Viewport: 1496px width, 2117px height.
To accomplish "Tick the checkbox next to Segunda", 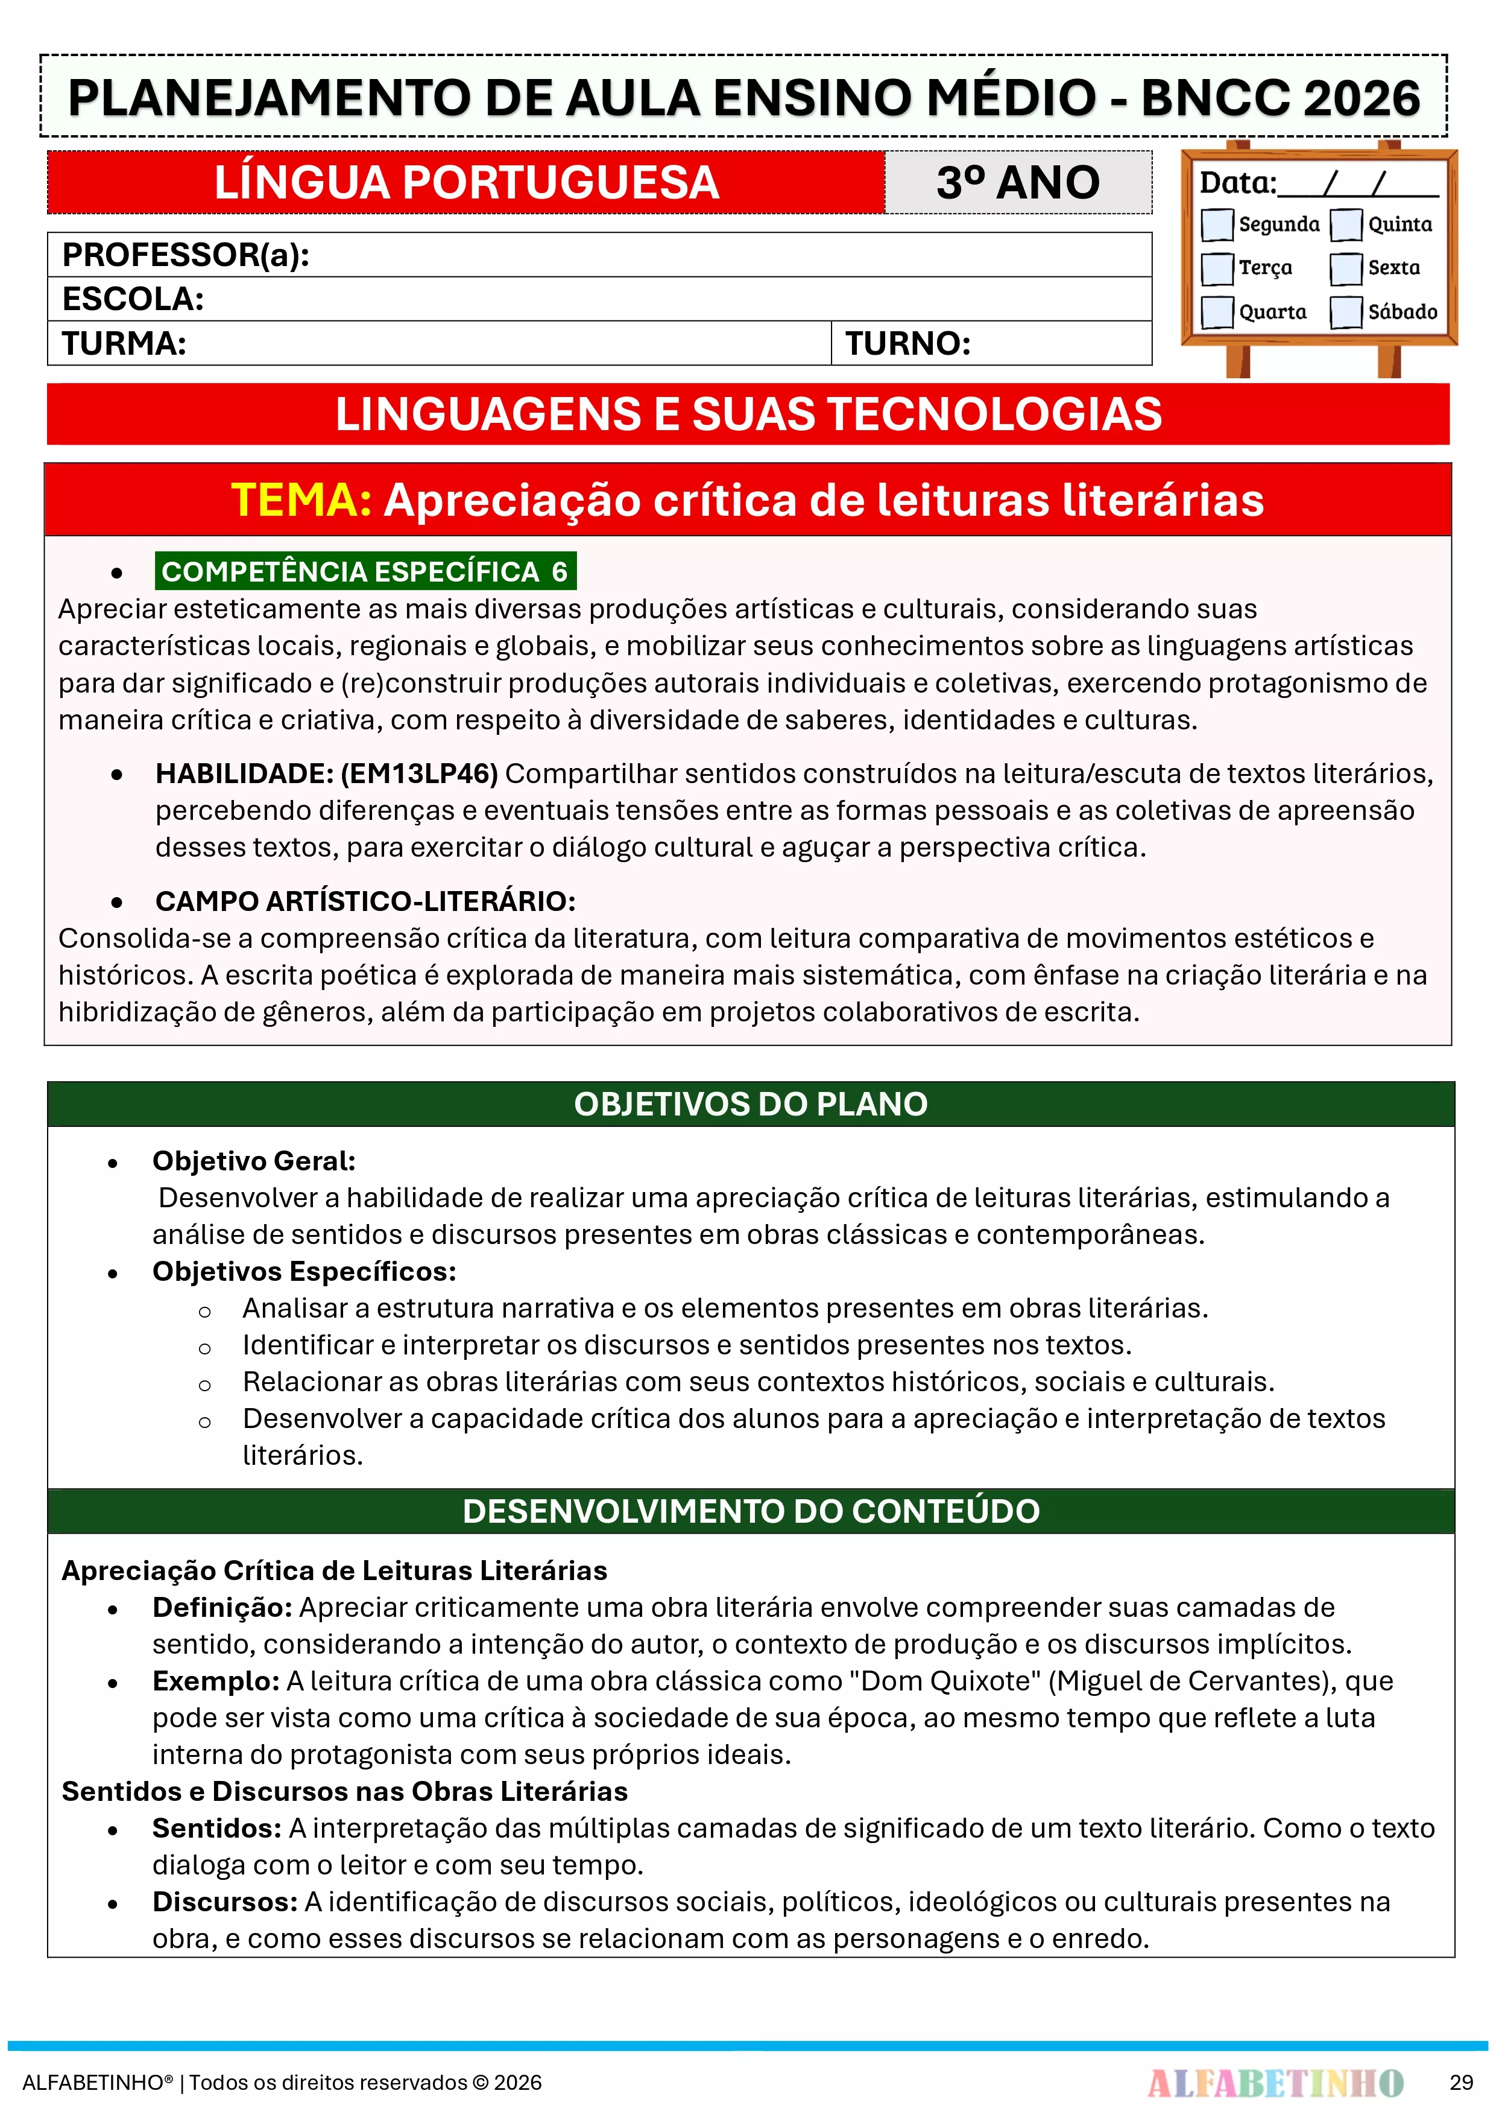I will coord(1217,224).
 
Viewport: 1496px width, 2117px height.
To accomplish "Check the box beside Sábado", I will coord(1346,312).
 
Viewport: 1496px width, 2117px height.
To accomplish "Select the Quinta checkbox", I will coord(1346,224).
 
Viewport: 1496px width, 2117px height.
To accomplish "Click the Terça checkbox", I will coord(1217,268).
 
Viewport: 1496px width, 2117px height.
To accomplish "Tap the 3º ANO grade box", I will coord(1018,183).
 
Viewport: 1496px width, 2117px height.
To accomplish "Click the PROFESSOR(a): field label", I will coord(185,255).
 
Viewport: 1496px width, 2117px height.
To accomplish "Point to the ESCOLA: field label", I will coord(133,299).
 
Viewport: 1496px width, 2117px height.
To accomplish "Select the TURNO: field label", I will coord(908,344).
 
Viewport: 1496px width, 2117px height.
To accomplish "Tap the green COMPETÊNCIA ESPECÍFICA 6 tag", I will coord(365,572).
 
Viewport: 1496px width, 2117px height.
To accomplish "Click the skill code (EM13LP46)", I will coord(420,773).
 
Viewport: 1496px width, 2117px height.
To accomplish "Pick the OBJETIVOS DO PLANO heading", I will coord(750,1103).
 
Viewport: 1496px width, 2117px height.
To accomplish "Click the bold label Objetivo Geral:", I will coord(253,1161).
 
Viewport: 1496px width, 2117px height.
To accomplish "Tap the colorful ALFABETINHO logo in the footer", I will coord(1275,2082).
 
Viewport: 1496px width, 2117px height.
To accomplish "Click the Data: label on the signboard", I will coord(1237,183).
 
